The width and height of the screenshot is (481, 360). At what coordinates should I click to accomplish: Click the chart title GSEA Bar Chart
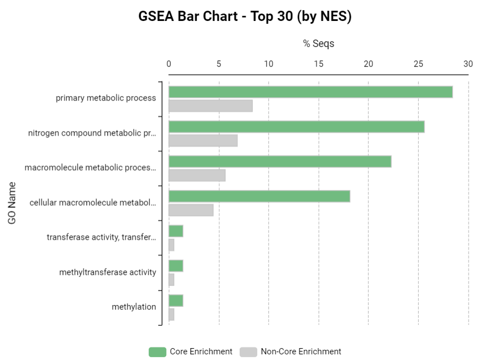(x=245, y=16)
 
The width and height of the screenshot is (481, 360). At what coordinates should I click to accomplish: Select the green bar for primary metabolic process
(x=310, y=92)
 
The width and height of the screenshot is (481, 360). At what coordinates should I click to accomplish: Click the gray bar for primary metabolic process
(x=210, y=106)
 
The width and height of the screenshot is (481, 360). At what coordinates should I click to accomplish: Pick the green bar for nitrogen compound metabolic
(x=296, y=127)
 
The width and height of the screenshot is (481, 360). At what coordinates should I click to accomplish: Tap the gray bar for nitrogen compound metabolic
(x=203, y=141)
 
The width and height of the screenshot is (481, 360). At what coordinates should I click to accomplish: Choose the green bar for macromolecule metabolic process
(x=280, y=162)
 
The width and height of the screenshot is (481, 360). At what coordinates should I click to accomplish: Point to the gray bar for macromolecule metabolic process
(x=197, y=175)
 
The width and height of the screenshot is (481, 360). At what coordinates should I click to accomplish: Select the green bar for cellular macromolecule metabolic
(x=259, y=196)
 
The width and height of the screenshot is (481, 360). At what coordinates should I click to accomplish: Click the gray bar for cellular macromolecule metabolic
(x=191, y=210)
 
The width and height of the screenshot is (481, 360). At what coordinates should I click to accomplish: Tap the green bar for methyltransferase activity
(x=176, y=266)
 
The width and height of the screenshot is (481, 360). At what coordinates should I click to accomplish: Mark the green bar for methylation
(x=176, y=301)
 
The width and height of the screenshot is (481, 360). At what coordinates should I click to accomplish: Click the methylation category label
(x=134, y=307)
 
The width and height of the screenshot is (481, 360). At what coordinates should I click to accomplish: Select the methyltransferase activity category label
(x=107, y=272)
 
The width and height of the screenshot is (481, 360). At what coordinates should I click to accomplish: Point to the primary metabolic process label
(x=106, y=98)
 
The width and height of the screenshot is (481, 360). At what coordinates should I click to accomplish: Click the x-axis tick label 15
(x=319, y=64)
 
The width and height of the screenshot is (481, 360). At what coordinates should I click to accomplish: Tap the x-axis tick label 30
(x=468, y=64)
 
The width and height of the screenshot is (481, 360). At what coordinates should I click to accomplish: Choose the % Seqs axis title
(x=319, y=44)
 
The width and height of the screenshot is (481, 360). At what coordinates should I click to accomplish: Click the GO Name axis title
(x=12, y=202)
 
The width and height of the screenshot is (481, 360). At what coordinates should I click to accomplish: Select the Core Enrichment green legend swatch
(x=157, y=352)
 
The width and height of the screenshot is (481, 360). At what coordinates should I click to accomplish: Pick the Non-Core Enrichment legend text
(x=301, y=352)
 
